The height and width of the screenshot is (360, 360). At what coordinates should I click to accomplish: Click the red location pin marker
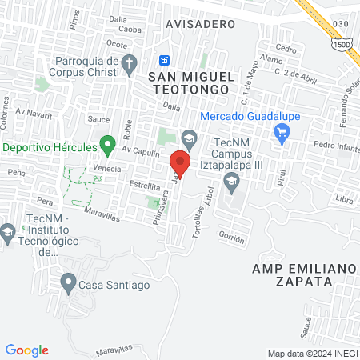pos(180,165)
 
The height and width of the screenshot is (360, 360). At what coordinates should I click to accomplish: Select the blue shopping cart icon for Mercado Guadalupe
pos(281,133)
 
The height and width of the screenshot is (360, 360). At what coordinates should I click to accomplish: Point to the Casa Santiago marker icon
pos(67,282)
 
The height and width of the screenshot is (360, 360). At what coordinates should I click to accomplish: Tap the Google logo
pos(27,350)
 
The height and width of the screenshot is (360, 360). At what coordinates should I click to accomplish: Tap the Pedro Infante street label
pos(335,146)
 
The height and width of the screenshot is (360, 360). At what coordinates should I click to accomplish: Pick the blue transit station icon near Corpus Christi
pos(164,60)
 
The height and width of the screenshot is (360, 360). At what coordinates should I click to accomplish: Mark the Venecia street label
pos(106,168)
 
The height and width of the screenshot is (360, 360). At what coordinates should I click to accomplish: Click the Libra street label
pos(345,198)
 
